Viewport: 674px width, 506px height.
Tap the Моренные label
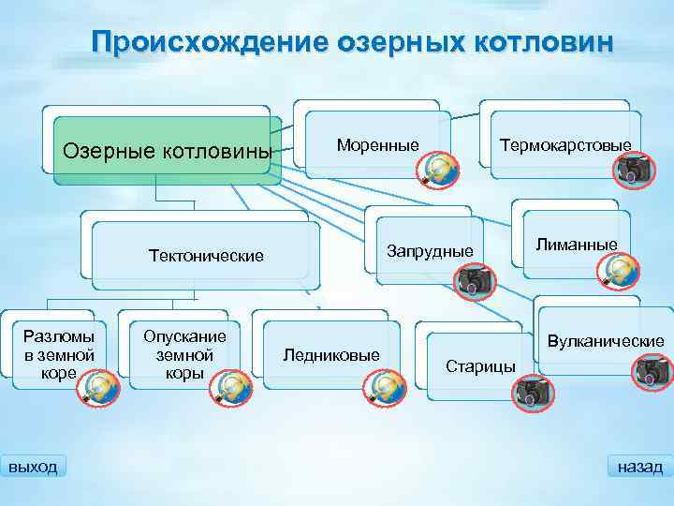pyautogui.click(x=377, y=144)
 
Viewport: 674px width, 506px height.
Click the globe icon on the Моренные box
pyautogui.click(x=437, y=170)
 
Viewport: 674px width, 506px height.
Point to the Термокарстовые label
pyautogui.click(x=564, y=145)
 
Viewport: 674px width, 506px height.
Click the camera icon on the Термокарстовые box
pyautogui.click(x=636, y=170)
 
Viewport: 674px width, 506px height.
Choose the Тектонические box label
pyautogui.click(x=206, y=255)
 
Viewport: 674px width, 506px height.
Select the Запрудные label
pyautogui.click(x=430, y=251)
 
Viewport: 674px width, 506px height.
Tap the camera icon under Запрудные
pyautogui.click(x=474, y=279)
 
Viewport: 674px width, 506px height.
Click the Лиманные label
pyautogui.click(x=576, y=245)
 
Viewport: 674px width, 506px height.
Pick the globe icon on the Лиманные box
pyautogui.click(x=619, y=271)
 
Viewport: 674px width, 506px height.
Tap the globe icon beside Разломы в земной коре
pyautogui.click(x=99, y=387)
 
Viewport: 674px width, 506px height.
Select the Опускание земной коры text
pyautogui.click(x=184, y=354)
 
